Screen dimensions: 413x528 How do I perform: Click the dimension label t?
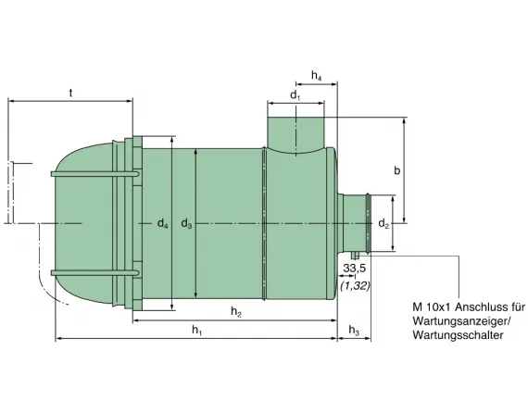coord(71,92)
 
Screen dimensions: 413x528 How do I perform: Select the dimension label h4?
coord(317,74)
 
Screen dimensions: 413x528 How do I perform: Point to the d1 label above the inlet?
coord(295,94)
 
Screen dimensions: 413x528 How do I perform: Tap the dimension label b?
coord(396,170)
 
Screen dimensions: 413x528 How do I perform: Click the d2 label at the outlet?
coord(384,223)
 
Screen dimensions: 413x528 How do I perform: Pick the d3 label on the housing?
coord(186,223)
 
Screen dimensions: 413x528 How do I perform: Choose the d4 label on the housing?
coord(162,223)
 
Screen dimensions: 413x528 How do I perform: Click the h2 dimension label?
coord(236,311)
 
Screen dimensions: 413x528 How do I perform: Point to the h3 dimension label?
coord(354,332)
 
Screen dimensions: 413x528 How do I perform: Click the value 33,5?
coord(353,269)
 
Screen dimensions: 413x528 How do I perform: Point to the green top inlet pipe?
coord(295,130)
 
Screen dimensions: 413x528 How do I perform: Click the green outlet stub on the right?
coord(356,223)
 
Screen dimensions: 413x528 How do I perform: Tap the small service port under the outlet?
coord(354,257)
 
